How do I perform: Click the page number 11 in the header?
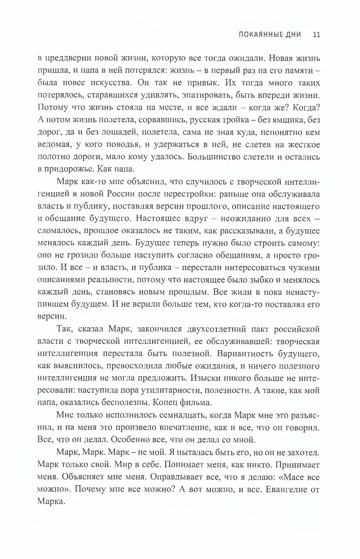tap(316, 35)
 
